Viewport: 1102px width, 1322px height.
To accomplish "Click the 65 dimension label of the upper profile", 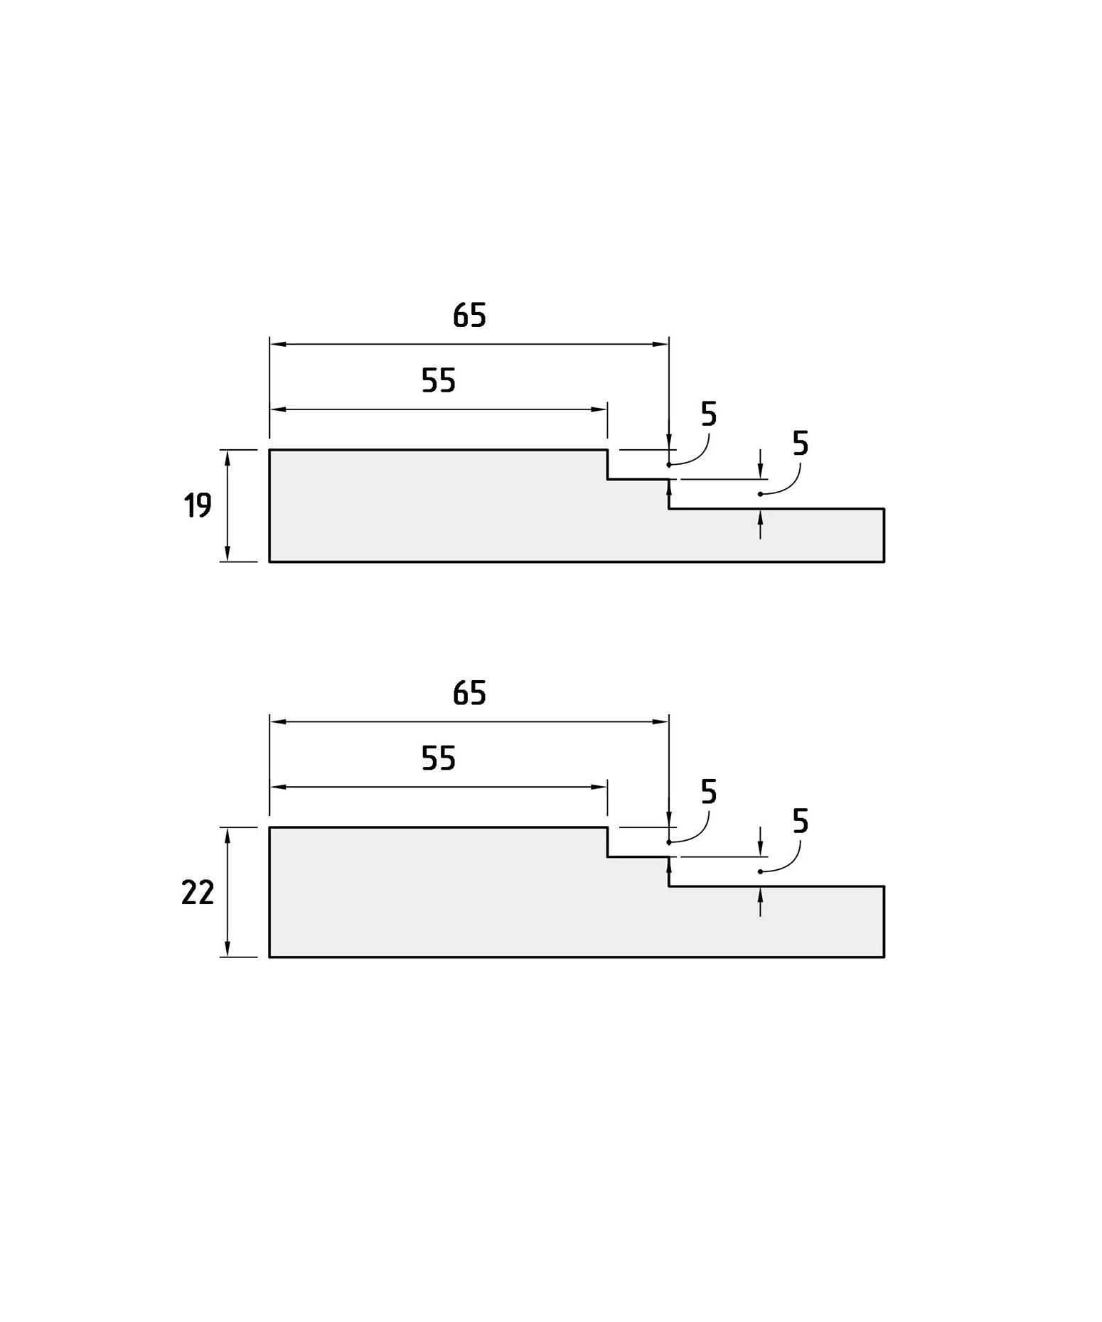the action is coord(469,316).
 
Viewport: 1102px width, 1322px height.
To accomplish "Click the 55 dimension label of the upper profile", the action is coord(438,381).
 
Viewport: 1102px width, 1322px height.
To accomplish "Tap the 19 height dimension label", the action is coord(198,506).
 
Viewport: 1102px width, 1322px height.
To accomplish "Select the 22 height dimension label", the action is coord(198,893).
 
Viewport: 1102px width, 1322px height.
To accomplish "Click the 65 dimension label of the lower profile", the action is coord(469,693).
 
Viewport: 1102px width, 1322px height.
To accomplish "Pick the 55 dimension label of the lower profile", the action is coord(438,758).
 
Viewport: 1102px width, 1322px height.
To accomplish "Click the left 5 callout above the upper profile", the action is coord(709,414).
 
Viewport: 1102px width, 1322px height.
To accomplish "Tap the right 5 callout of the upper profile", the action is coord(801,444).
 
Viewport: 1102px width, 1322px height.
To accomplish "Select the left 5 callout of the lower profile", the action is coord(709,791).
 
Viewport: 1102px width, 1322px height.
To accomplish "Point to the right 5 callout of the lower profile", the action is coord(801,822).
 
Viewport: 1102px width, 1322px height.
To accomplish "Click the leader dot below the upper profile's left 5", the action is coord(669,465).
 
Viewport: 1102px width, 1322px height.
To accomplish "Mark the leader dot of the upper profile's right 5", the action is coord(760,494).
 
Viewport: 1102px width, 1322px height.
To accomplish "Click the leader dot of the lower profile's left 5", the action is coord(669,842).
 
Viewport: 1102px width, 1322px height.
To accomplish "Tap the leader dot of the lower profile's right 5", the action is coord(760,871).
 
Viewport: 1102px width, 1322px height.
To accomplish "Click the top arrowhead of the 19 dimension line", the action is coord(228,458).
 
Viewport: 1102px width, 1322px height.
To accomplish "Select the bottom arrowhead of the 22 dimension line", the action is coord(228,949).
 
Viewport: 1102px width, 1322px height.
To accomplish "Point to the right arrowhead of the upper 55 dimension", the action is coord(599,409).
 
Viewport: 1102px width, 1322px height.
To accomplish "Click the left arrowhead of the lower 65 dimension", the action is coord(278,721).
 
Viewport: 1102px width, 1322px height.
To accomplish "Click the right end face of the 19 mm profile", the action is coord(884,535).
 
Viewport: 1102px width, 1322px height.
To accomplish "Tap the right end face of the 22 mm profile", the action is coord(884,921).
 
